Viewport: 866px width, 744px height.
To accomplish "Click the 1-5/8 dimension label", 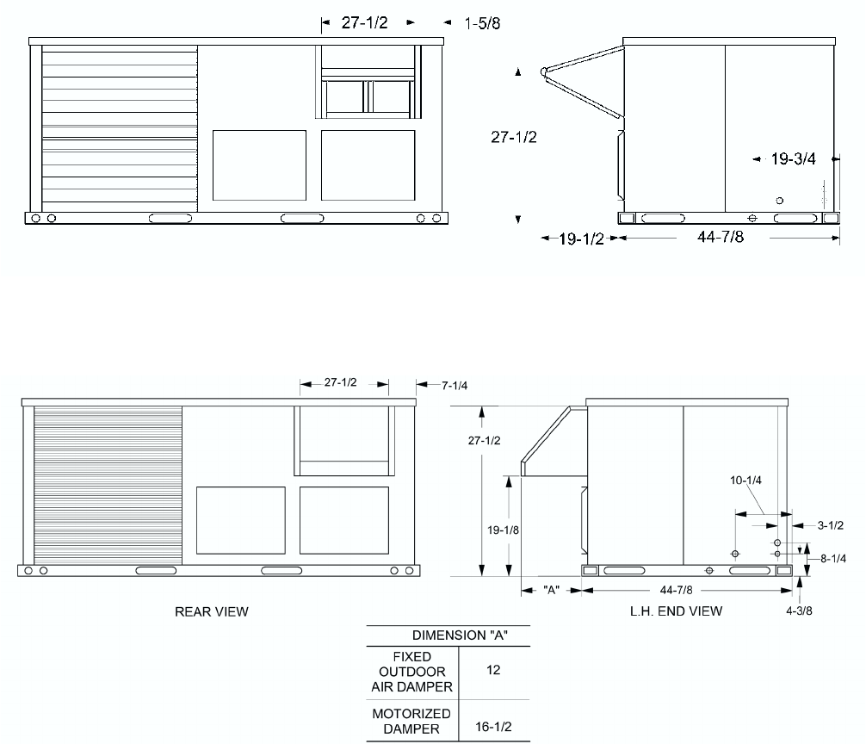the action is pyautogui.click(x=482, y=24).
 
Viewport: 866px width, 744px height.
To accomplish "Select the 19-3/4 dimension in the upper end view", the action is pyautogui.click(x=793, y=159).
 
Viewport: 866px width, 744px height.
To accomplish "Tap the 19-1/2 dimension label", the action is pyautogui.click(x=582, y=239).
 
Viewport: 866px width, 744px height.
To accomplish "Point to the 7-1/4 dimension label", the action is pyautogui.click(x=455, y=386).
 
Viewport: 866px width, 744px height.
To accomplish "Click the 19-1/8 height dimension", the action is pyautogui.click(x=503, y=530).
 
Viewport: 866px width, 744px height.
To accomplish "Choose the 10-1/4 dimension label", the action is pyautogui.click(x=745, y=480).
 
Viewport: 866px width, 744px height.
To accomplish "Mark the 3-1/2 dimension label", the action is pyautogui.click(x=831, y=525).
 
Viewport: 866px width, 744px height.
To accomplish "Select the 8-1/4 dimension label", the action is pyautogui.click(x=833, y=558).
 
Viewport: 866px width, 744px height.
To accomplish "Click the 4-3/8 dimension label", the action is pyautogui.click(x=799, y=611).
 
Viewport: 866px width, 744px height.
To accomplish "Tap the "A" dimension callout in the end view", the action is pyautogui.click(x=551, y=590).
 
